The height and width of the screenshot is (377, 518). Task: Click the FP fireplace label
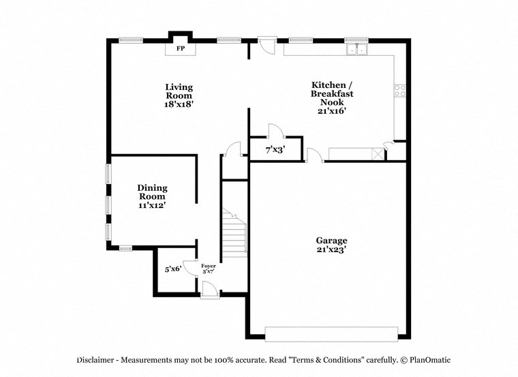click(x=181, y=49)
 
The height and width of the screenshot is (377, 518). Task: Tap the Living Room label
click(x=179, y=91)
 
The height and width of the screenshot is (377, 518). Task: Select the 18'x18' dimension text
click(x=179, y=105)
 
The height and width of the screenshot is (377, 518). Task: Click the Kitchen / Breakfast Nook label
click(x=332, y=93)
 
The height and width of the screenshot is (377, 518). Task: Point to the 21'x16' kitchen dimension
click(x=332, y=111)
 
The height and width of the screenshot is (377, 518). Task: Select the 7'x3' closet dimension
click(x=275, y=149)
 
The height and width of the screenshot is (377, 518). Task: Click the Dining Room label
click(x=152, y=192)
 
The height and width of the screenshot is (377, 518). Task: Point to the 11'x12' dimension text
click(x=152, y=205)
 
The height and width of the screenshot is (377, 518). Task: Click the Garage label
click(x=331, y=240)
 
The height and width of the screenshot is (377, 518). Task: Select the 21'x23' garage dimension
click(x=331, y=250)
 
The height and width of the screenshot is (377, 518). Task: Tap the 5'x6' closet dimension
click(x=173, y=269)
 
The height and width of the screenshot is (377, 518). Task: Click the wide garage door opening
click(x=331, y=333)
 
